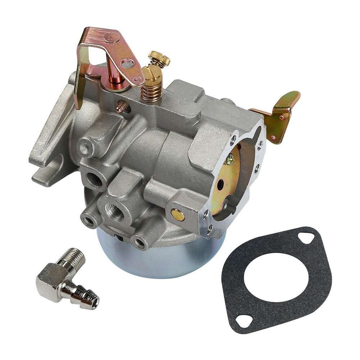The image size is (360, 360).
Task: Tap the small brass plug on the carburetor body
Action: [x=177, y=215]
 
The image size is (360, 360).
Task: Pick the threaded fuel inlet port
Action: [x=115, y=212]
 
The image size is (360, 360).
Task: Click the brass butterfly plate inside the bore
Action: [x=230, y=180]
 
